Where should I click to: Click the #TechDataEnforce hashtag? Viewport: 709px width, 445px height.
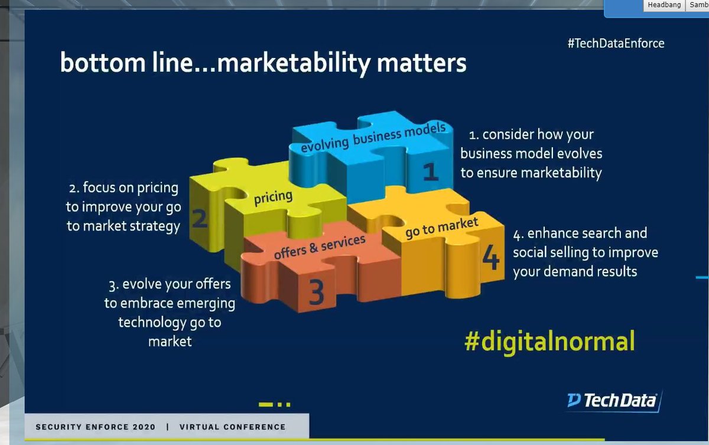point(616,43)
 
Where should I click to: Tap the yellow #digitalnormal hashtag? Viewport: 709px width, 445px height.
point(549,342)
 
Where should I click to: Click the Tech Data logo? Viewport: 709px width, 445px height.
point(613,401)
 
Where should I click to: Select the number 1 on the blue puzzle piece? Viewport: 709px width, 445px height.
point(431,172)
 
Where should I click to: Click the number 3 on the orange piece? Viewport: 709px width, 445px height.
point(317,292)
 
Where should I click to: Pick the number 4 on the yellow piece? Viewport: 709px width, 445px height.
point(490,258)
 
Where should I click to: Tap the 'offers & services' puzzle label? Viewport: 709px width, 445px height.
point(320,245)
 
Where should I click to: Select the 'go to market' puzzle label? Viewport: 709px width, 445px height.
point(441,228)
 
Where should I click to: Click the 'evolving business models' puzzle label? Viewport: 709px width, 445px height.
point(373,138)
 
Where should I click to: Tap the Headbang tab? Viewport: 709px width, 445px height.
point(664,5)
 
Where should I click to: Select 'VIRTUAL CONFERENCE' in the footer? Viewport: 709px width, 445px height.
point(232,427)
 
